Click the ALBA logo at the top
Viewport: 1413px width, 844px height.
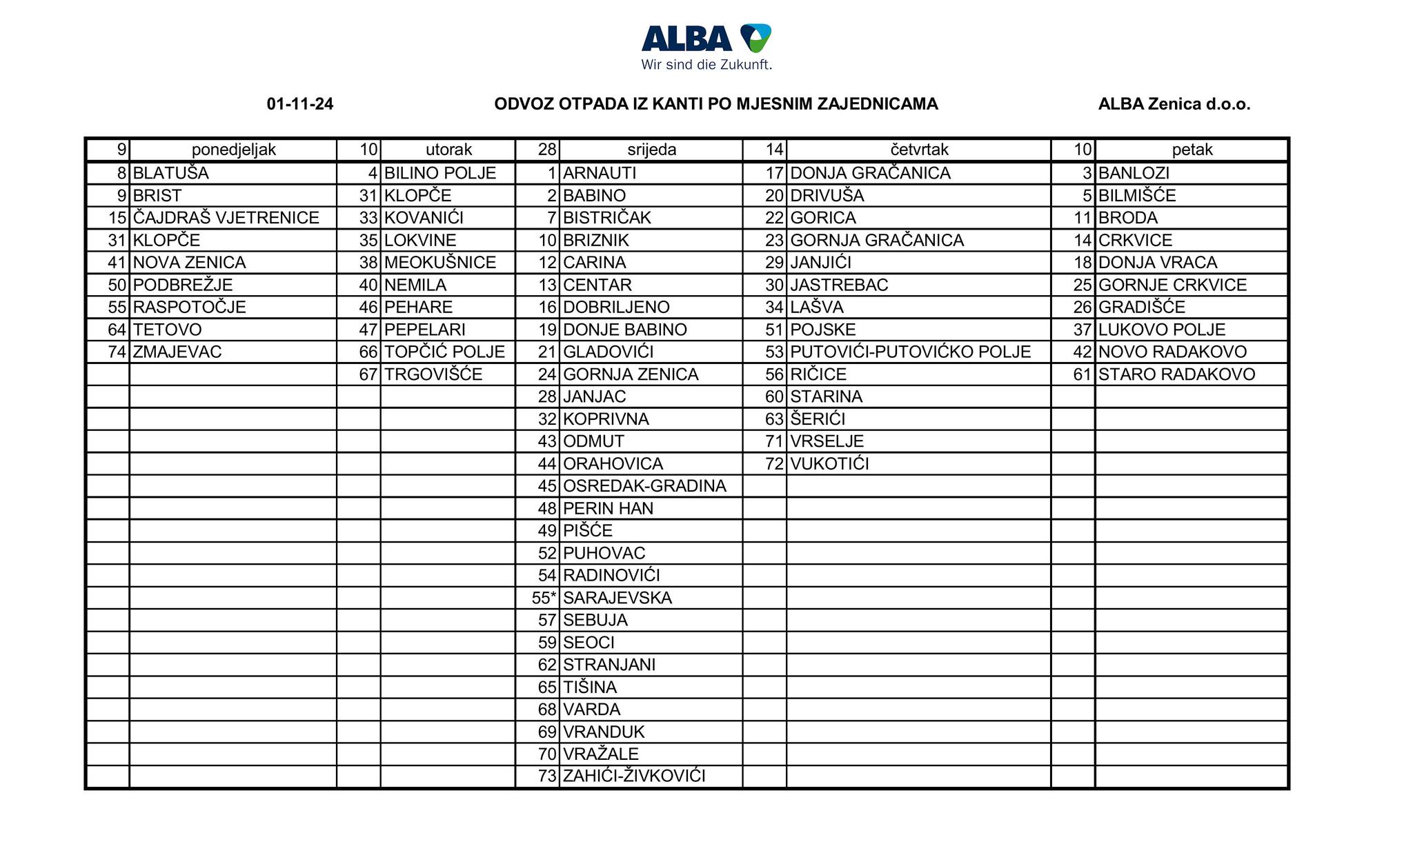click(x=706, y=39)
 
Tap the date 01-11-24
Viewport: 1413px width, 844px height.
click(x=300, y=104)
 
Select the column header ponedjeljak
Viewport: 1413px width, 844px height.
click(x=233, y=150)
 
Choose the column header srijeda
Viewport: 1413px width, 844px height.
click(x=651, y=150)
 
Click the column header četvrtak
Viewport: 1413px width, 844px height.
click(x=919, y=150)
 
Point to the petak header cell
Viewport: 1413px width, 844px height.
click(x=1192, y=150)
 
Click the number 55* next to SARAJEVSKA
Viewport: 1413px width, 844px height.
click(x=544, y=598)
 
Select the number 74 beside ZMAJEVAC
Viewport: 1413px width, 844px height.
click(x=117, y=352)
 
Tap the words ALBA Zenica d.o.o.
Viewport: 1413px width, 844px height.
click(x=1174, y=104)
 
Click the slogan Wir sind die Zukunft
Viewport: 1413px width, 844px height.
click(x=706, y=65)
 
